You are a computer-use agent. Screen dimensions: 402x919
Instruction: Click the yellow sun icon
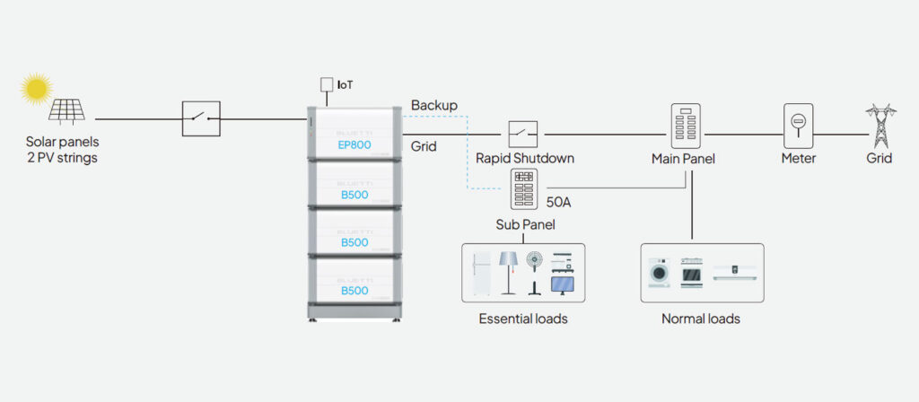(x=36, y=88)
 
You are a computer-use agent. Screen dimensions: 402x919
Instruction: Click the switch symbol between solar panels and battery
(x=201, y=118)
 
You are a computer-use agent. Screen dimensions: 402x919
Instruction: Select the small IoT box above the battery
(x=327, y=85)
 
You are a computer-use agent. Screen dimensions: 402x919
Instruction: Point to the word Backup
(x=434, y=105)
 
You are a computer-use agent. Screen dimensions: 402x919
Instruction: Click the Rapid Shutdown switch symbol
(x=524, y=135)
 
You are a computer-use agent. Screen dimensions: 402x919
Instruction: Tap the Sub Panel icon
(x=524, y=189)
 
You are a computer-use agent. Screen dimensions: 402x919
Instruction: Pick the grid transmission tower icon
(x=879, y=125)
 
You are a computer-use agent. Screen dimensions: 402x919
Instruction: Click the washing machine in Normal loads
(x=660, y=272)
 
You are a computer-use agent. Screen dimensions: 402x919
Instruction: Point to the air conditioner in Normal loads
(x=733, y=271)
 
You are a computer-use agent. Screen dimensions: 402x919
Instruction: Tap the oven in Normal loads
(x=691, y=272)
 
